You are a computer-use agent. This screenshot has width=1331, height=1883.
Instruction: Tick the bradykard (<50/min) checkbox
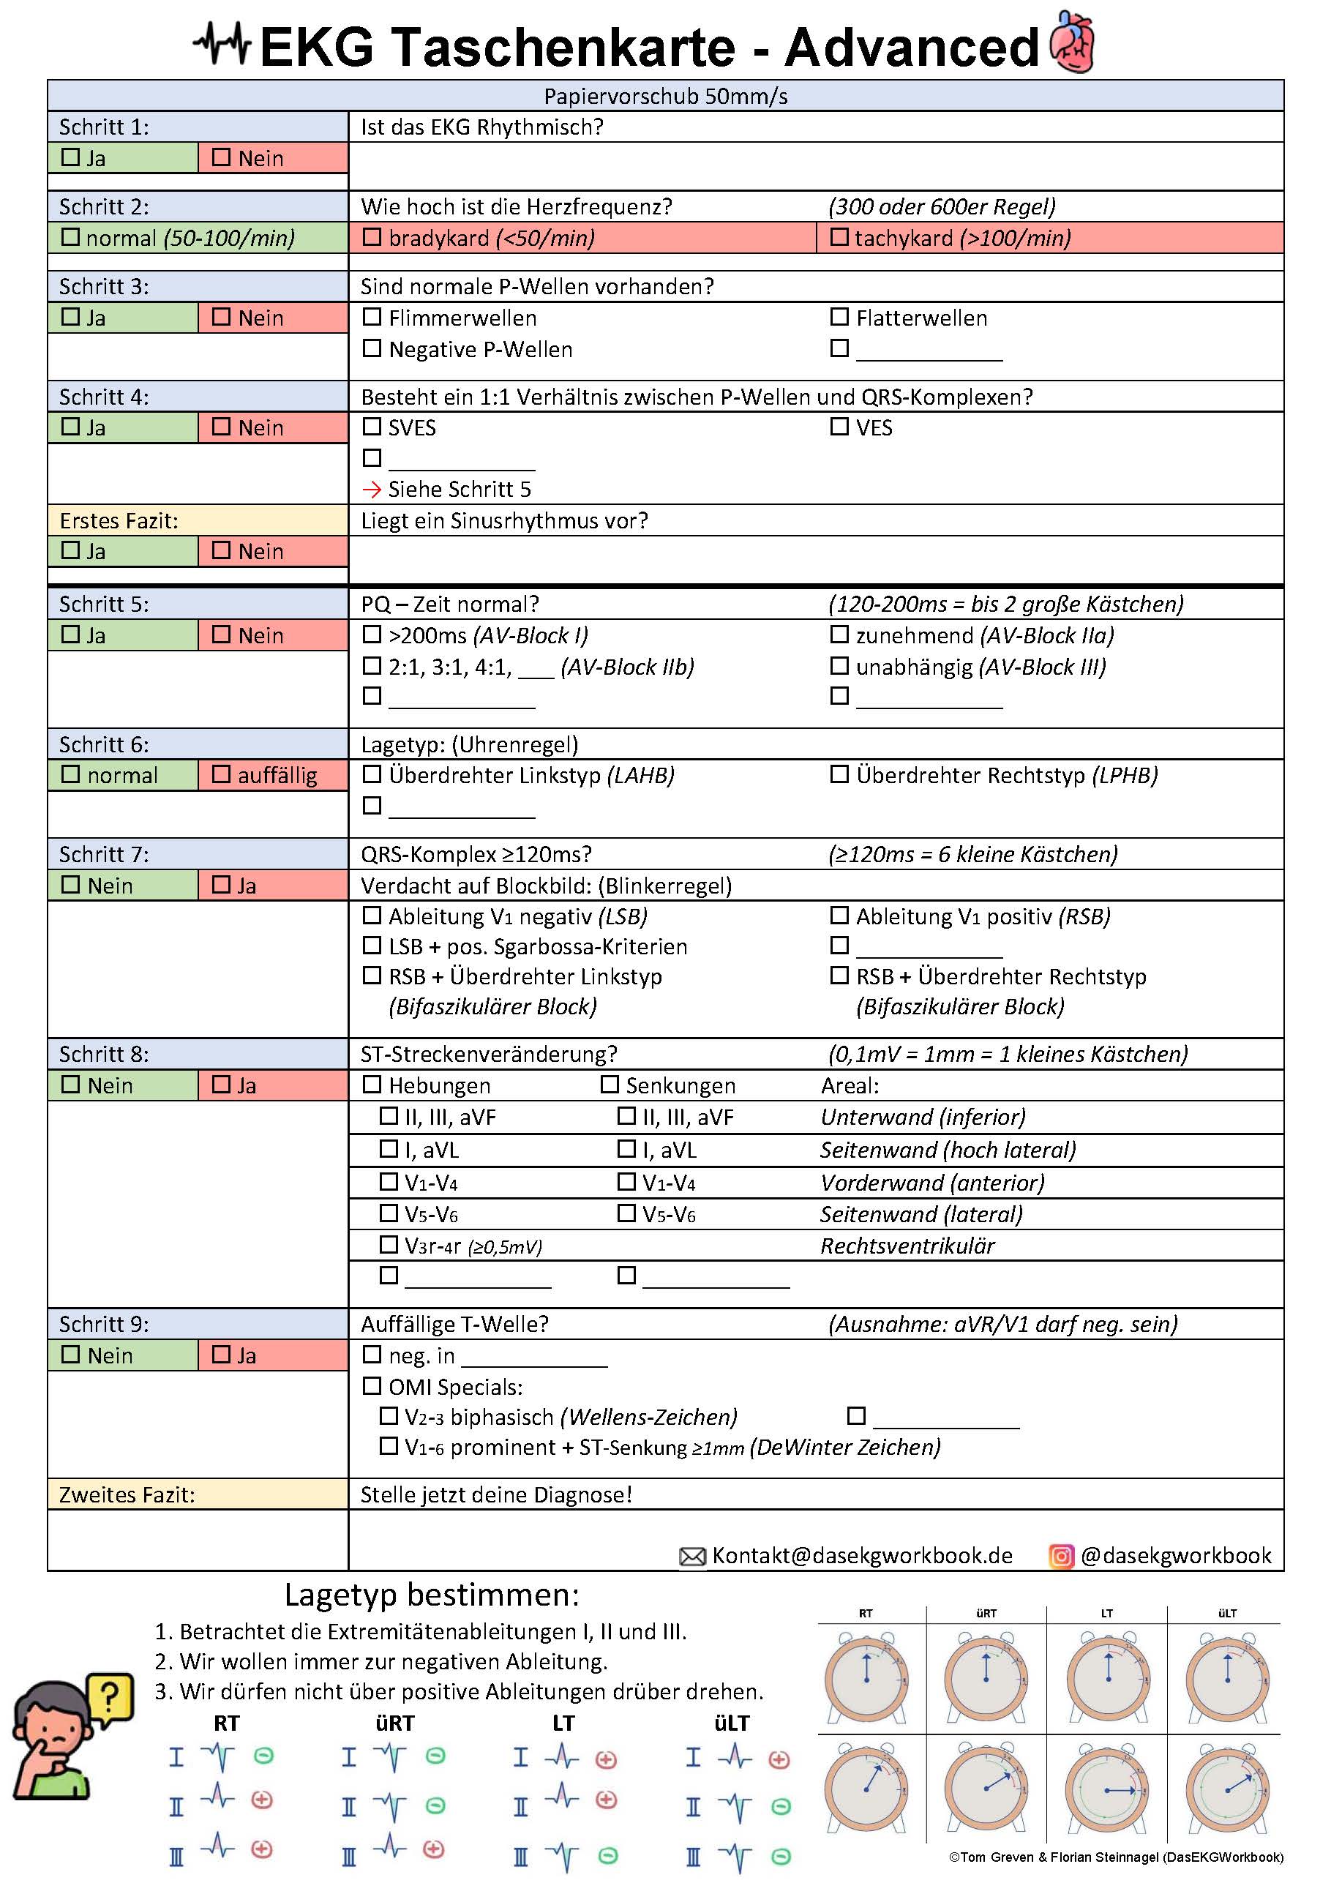372,237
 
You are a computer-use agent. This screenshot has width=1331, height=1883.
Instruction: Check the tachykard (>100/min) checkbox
839,237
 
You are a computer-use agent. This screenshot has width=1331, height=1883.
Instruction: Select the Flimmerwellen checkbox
372,317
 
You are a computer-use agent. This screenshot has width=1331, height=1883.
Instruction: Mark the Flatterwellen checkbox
839,317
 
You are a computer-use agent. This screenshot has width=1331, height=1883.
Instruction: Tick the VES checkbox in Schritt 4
839,427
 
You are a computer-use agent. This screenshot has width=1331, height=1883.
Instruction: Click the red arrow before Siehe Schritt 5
372,490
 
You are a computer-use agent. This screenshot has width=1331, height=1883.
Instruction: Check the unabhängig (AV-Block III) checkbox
839,666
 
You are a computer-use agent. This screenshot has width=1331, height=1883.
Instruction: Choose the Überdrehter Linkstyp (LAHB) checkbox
372,774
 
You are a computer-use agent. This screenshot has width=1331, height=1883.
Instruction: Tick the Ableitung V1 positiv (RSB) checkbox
839,916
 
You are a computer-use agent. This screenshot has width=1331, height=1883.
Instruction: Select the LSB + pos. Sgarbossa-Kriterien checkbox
372,946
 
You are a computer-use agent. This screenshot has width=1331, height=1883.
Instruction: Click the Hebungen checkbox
372,1084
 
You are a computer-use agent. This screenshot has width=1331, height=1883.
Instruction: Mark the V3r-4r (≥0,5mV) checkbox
389,1245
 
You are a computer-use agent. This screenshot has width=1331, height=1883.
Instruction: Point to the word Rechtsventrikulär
907,1246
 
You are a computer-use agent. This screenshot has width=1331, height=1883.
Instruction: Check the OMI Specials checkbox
372,1386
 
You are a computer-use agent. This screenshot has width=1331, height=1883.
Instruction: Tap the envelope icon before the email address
692,1556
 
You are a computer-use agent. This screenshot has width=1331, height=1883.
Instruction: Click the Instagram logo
1061,1556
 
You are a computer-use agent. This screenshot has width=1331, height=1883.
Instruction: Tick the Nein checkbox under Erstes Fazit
222,550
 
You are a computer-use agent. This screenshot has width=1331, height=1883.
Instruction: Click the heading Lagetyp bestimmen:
432,1595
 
